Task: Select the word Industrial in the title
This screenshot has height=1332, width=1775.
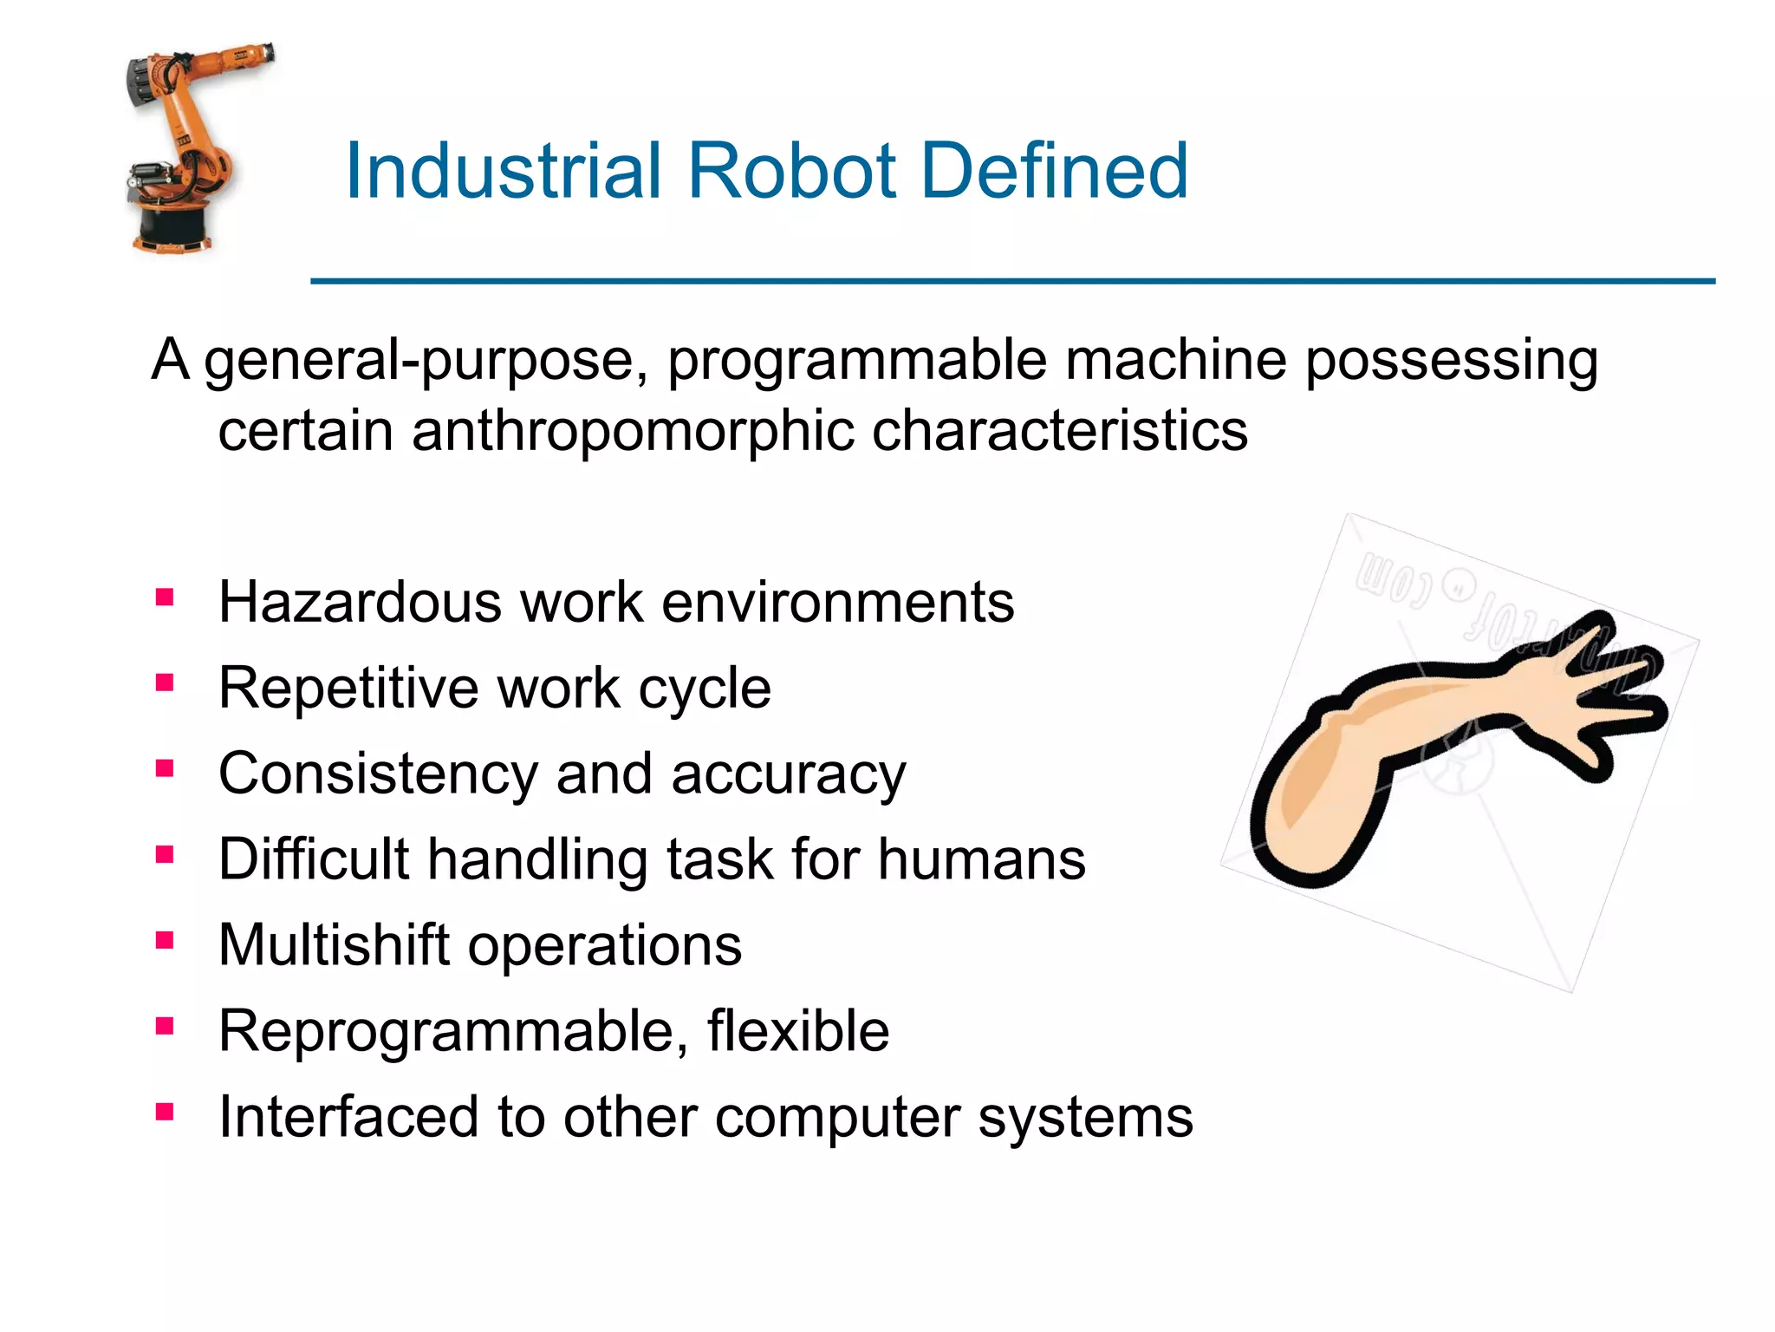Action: [x=504, y=171]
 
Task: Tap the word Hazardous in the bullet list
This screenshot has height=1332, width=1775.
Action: [x=360, y=602]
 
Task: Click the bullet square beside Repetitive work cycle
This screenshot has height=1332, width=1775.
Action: [x=165, y=683]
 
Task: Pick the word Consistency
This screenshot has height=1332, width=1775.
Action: [x=378, y=774]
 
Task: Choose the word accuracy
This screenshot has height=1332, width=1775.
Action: [x=788, y=774]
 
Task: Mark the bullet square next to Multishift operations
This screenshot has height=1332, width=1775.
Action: [x=165, y=941]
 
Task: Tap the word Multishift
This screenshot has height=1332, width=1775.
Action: [x=335, y=944]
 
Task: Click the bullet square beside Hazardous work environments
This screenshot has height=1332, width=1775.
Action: [x=165, y=597]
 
